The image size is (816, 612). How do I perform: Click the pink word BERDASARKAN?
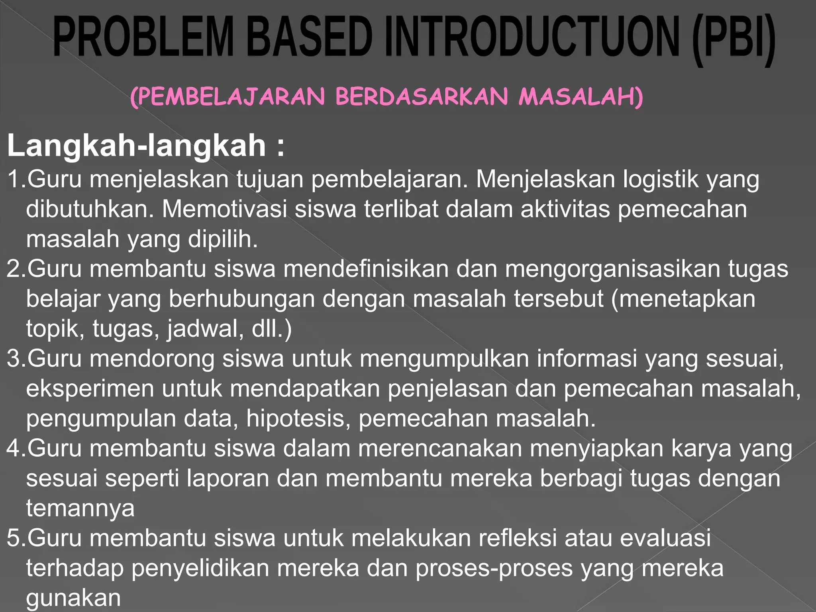(x=422, y=97)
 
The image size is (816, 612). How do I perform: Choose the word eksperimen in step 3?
(x=90, y=389)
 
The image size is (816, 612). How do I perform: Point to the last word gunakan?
(x=73, y=598)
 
